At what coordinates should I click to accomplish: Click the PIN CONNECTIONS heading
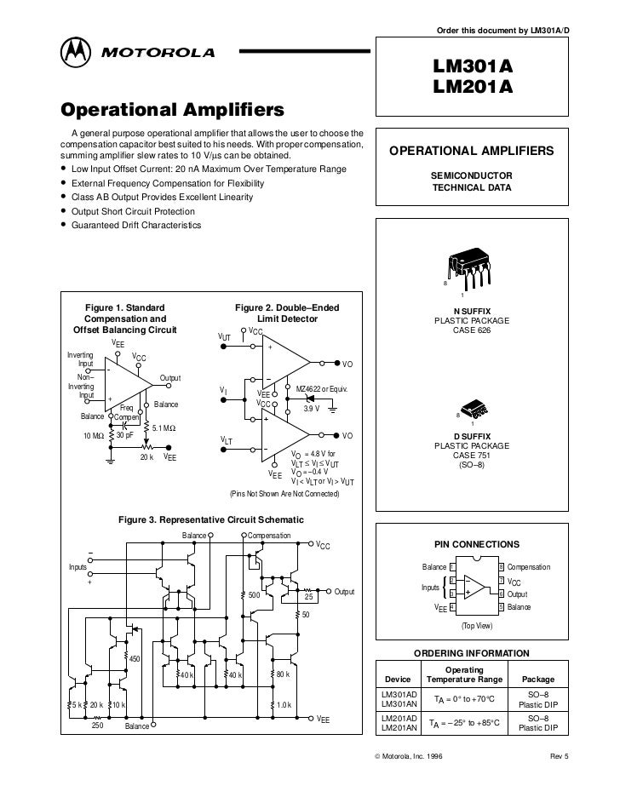click(x=471, y=542)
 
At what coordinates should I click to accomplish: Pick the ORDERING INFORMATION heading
click(x=471, y=653)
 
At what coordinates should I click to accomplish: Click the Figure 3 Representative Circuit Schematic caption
click(x=210, y=519)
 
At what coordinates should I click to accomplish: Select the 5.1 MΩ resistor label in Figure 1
click(x=164, y=427)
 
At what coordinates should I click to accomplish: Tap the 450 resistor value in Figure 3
click(x=134, y=658)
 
